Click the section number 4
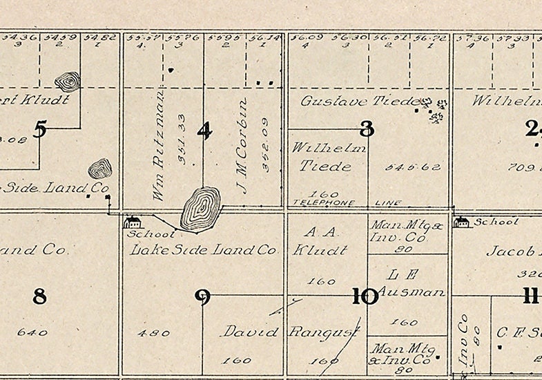(204, 130)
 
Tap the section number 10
(365, 297)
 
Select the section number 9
(202, 297)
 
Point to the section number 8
(40, 297)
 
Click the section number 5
(40, 129)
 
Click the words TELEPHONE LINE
(343, 203)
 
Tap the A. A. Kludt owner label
(320, 240)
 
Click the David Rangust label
(290, 332)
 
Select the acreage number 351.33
(182, 147)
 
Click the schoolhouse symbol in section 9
(132, 221)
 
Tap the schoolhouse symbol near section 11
(461, 221)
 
